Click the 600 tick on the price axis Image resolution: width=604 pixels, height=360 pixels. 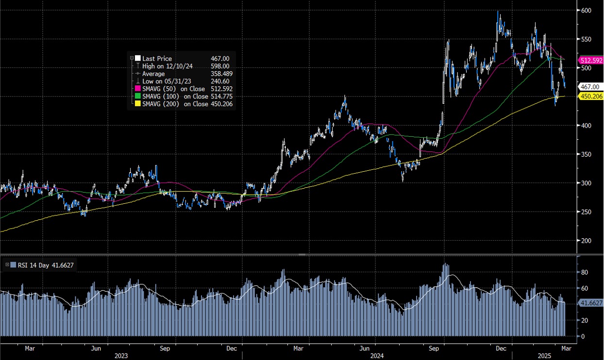(x=586, y=10)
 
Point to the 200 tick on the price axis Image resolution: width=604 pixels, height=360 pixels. (x=586, y=241)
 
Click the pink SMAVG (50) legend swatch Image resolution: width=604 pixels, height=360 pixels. (x=138, y=89)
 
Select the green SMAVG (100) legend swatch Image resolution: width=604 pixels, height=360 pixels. (x=138, y=97)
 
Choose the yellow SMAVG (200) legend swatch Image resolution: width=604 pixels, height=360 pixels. (x=138, y=104)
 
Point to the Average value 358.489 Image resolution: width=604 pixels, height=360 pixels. (x=221, y=74)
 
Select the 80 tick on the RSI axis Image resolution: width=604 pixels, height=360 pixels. (x=585, y=273)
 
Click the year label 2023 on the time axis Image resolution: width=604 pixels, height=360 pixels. (x=121, y=356)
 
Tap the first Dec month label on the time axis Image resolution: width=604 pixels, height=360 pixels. (x=231, y=348)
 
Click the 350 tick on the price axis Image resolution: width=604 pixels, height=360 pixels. (x=586, y=154)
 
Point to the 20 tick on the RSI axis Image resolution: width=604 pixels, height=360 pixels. (x=585, y=320)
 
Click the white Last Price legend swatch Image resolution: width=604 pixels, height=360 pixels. (x=138, y=59)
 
